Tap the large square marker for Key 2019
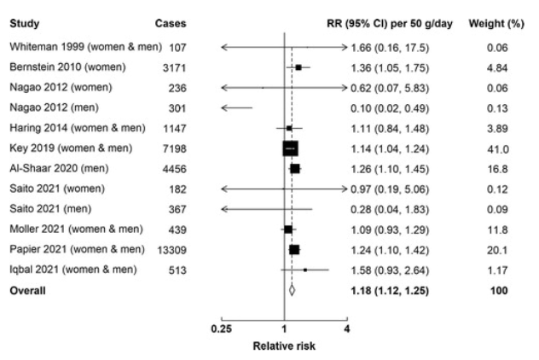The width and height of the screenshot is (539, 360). point(291,148)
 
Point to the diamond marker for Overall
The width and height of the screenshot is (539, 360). point(292,290)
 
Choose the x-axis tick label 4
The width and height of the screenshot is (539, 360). point(347,328)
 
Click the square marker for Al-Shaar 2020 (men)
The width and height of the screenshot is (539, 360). point(295,169)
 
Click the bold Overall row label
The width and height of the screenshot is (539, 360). point(27,290)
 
